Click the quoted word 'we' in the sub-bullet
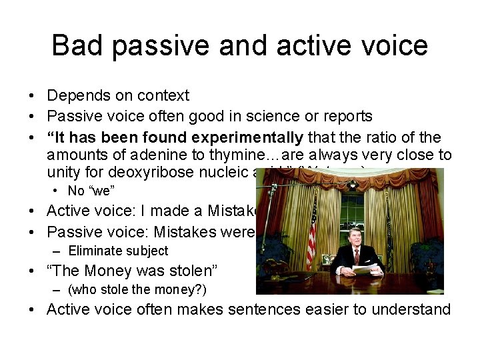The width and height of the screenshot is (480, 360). (x=101, y=191)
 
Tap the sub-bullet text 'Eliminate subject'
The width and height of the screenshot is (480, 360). (x=118, y=251)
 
